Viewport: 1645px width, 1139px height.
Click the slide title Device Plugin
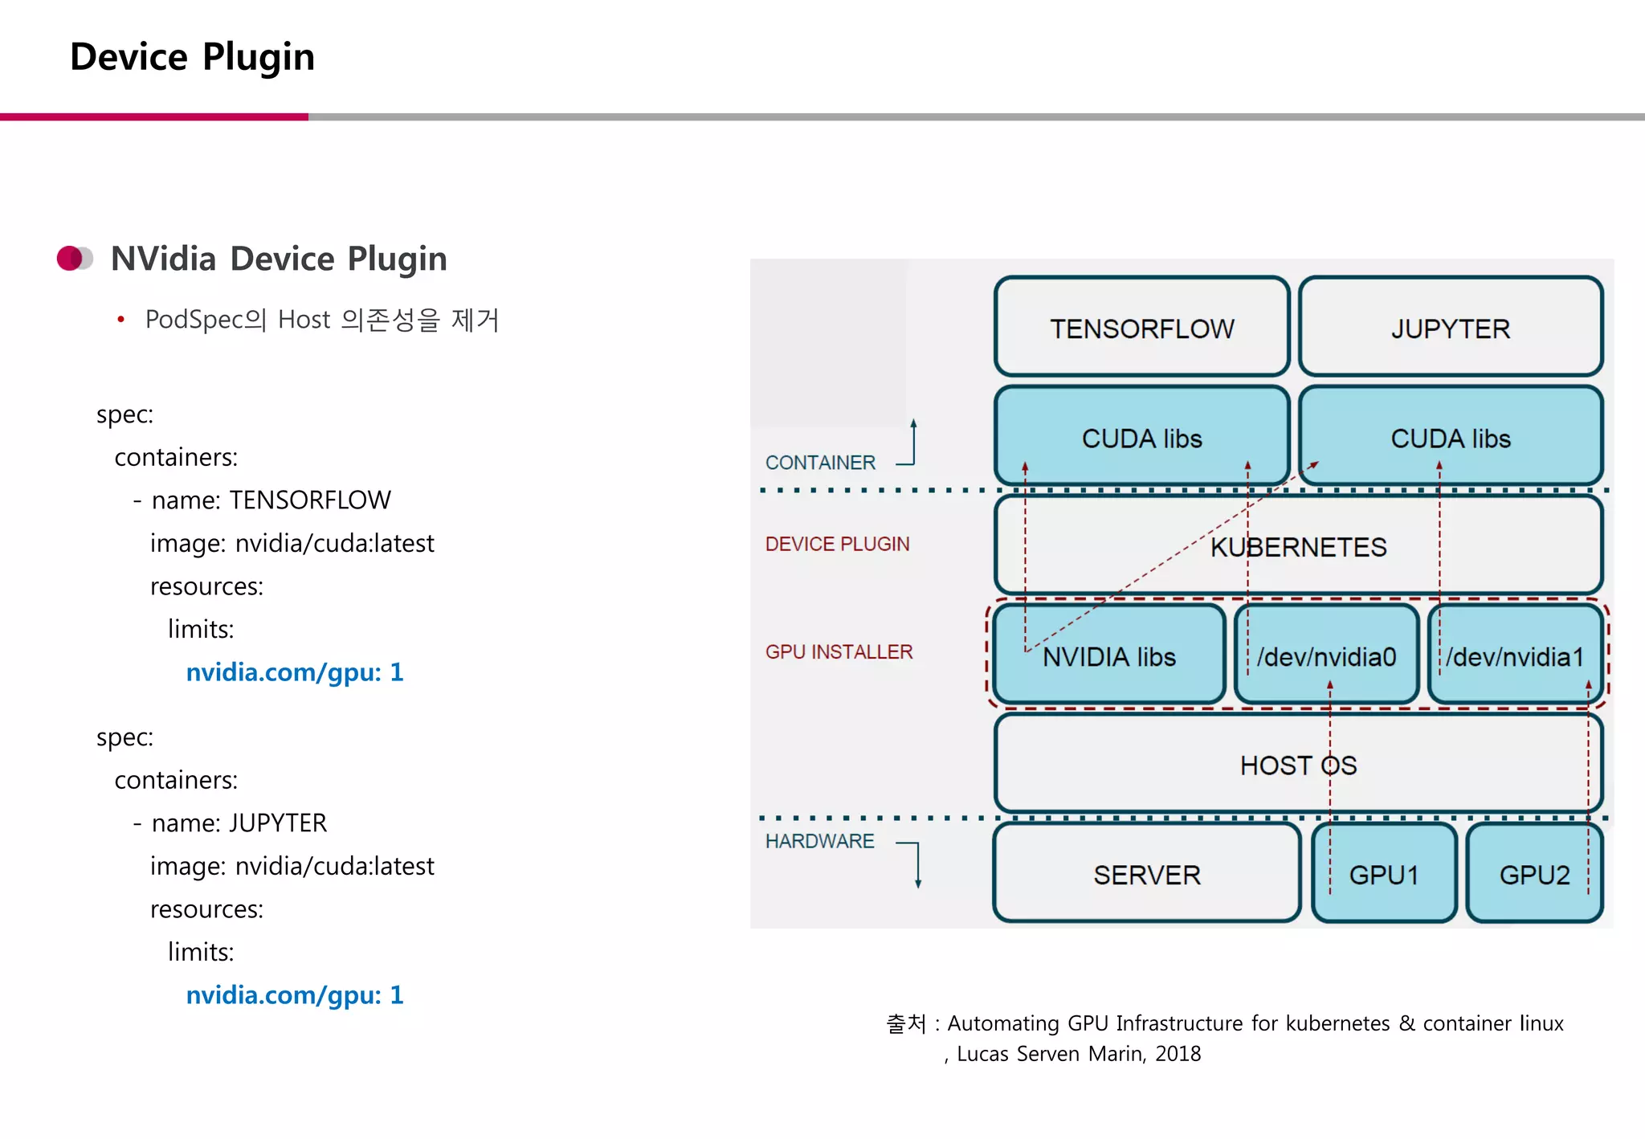point(192,57)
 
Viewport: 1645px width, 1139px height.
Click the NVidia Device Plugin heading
point(278,259)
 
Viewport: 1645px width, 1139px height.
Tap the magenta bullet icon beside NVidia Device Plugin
point(75,259)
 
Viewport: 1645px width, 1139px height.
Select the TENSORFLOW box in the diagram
point(1141,328)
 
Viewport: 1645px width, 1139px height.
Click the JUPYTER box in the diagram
point(1450,328)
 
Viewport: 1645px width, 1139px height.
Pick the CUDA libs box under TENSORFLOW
point(1141,438)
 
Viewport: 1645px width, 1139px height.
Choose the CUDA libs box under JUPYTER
point(1450,438)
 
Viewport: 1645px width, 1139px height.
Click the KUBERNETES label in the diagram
point(1298,547)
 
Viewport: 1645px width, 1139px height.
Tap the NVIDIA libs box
point(1109,656)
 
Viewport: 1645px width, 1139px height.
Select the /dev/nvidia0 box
point(1326,656)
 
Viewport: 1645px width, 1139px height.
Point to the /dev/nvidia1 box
point(1515,656)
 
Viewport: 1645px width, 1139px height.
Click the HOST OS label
point(1298,765)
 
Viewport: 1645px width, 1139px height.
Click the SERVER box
point(1146,874)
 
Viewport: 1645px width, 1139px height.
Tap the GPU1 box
point(1383,874)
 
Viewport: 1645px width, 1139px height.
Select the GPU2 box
point(1534,874)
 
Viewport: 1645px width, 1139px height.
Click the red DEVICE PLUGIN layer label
point(837,544)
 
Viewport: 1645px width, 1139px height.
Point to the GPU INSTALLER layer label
point(839,651)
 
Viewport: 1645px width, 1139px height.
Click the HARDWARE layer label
point(819,841)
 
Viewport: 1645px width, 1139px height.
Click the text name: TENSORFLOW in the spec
point(271,500)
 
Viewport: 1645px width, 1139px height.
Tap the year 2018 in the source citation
point(1178,1054)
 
